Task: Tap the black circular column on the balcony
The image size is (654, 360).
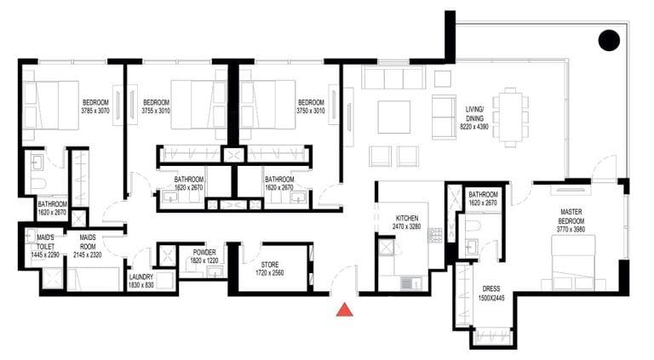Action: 608,39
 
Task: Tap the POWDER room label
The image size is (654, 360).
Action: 204,252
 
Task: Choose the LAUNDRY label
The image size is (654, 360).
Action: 141,277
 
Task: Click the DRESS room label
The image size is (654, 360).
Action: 490,289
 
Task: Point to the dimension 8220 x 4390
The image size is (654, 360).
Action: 474,125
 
